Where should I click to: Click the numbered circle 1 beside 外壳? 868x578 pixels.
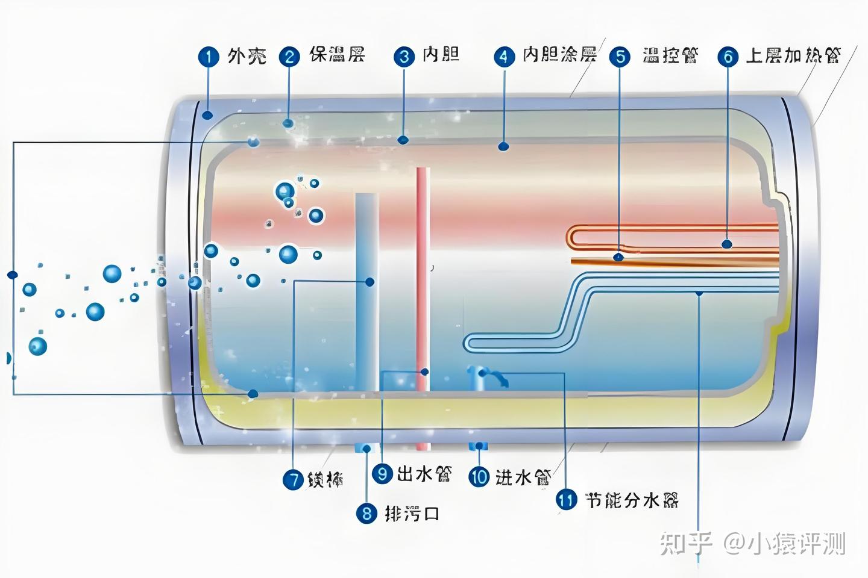(209, 57)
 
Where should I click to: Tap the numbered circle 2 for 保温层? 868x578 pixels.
(289, 57)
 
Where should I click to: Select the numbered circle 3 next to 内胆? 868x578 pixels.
(404, 57)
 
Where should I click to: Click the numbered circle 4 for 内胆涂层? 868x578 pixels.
(504, 57)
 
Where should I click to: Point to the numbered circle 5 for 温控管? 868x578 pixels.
(620, 57)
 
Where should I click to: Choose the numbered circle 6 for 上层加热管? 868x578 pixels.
(728, 57)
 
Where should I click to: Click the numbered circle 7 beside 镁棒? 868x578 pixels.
(293, 480)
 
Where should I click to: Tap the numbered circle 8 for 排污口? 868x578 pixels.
(366, 514)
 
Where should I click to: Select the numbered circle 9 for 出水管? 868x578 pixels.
(382, 474)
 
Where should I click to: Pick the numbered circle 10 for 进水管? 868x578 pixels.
(479, 477)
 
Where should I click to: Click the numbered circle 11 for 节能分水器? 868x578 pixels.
(565, 500)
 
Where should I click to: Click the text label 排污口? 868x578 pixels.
(412, 514)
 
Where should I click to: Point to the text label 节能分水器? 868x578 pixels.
(632, 500)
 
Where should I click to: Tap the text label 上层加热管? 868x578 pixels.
(792, 56)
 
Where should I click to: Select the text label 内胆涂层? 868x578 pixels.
(559, 55)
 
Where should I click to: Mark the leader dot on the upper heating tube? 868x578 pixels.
(727, 244)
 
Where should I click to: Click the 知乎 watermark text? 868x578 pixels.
(686, 544)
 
